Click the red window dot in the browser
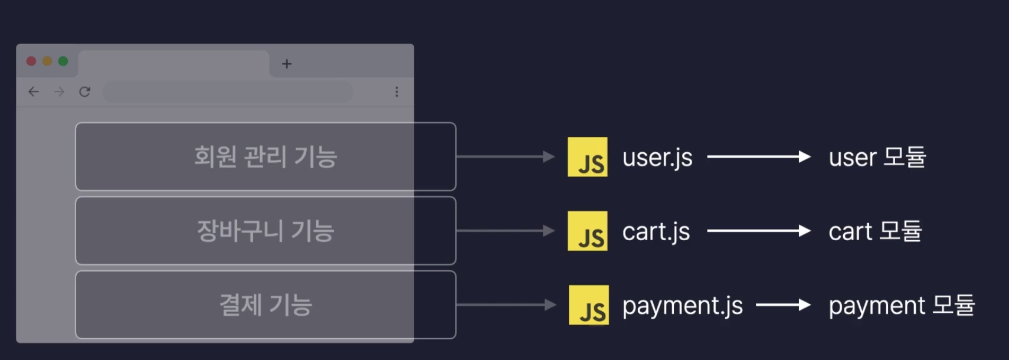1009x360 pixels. tap(31, 61)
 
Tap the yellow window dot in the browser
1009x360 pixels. tap(47, 61)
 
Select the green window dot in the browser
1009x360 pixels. tap(63, 61)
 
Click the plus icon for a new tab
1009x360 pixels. tap(287, 64)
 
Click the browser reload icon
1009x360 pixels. tap(85, 91)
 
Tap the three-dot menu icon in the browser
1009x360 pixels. tap(397, 91)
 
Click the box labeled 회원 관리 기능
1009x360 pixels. tap(266, 156)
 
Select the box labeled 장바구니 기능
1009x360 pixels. tap(266, 231)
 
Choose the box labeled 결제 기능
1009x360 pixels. tap(266, 305)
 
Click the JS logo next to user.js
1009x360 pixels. tap(587, 157)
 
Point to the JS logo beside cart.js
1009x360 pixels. tap(587, 231)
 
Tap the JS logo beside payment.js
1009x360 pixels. tap(588, 305)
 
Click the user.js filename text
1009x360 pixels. tap(657, 158)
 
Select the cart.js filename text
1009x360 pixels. tap(656, 231)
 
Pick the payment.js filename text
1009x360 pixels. tap(682, 306)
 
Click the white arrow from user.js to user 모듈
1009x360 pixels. tap(759, 156)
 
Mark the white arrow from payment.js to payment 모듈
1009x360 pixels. tap(783, 305)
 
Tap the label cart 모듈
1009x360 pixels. tap(875, 231)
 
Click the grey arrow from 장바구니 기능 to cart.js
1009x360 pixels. tap(505, 231)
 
